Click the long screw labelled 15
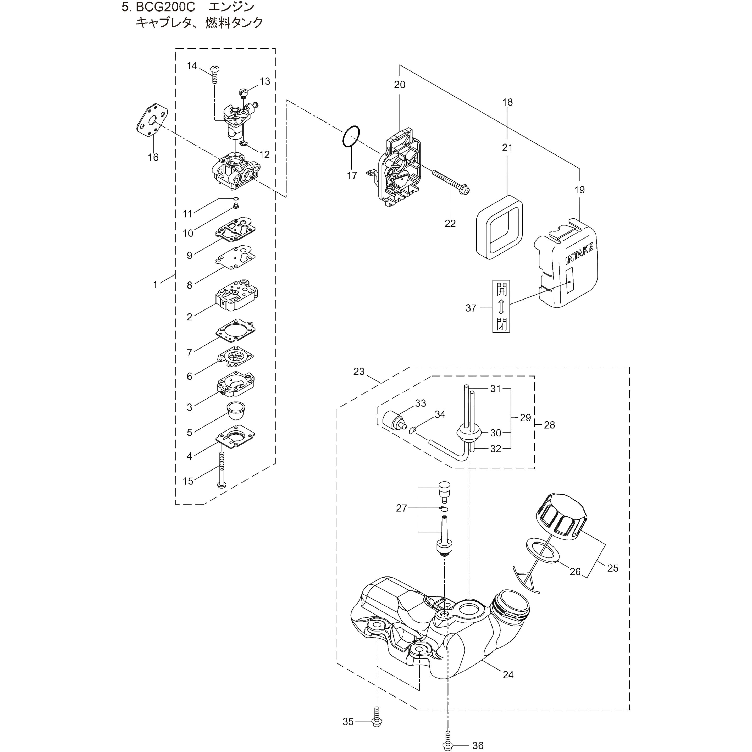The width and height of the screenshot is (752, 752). point(222,469)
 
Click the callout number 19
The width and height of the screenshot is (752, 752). point(579,190)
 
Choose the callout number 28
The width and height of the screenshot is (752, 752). point(549,425)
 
